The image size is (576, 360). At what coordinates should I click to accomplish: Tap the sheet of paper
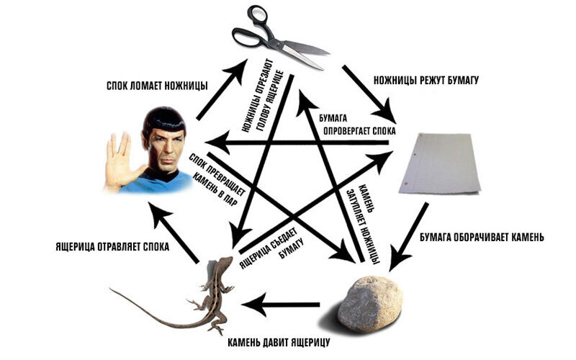[x=440, y=165]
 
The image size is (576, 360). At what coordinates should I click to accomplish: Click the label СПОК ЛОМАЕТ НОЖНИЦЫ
[x=155, y=86]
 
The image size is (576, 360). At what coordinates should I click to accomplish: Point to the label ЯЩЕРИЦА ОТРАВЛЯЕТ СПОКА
[x=112, y=246]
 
